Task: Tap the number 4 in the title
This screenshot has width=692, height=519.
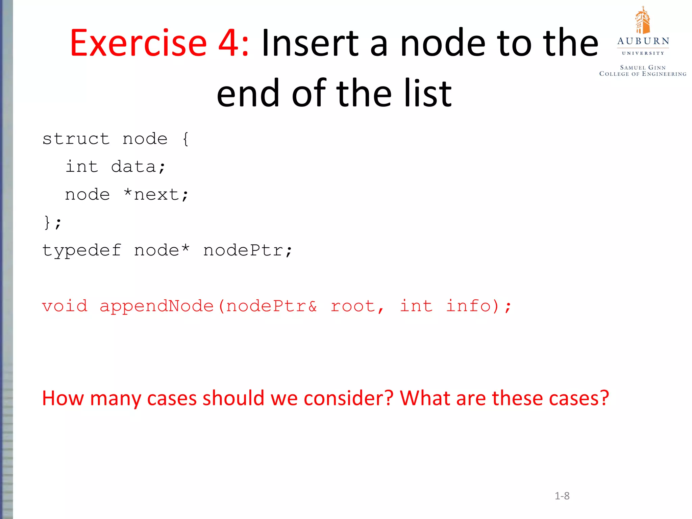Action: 229,43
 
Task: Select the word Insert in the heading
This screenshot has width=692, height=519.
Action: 310,43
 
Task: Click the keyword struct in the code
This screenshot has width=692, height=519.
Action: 76,139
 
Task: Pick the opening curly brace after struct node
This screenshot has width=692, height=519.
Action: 185,139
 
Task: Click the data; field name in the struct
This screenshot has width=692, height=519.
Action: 138,167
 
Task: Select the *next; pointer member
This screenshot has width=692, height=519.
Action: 156,195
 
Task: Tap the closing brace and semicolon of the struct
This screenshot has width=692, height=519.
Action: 52,222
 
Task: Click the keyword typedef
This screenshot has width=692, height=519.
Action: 81,250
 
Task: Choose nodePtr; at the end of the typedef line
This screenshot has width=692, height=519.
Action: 248,250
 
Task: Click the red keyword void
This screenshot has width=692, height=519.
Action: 65,306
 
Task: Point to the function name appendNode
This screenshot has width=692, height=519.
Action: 157,306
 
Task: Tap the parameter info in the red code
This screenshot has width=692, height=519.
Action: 468,306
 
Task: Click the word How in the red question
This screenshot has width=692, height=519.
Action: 63,398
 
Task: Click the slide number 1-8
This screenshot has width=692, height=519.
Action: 562,496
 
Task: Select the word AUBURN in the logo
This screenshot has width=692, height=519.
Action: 643,41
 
